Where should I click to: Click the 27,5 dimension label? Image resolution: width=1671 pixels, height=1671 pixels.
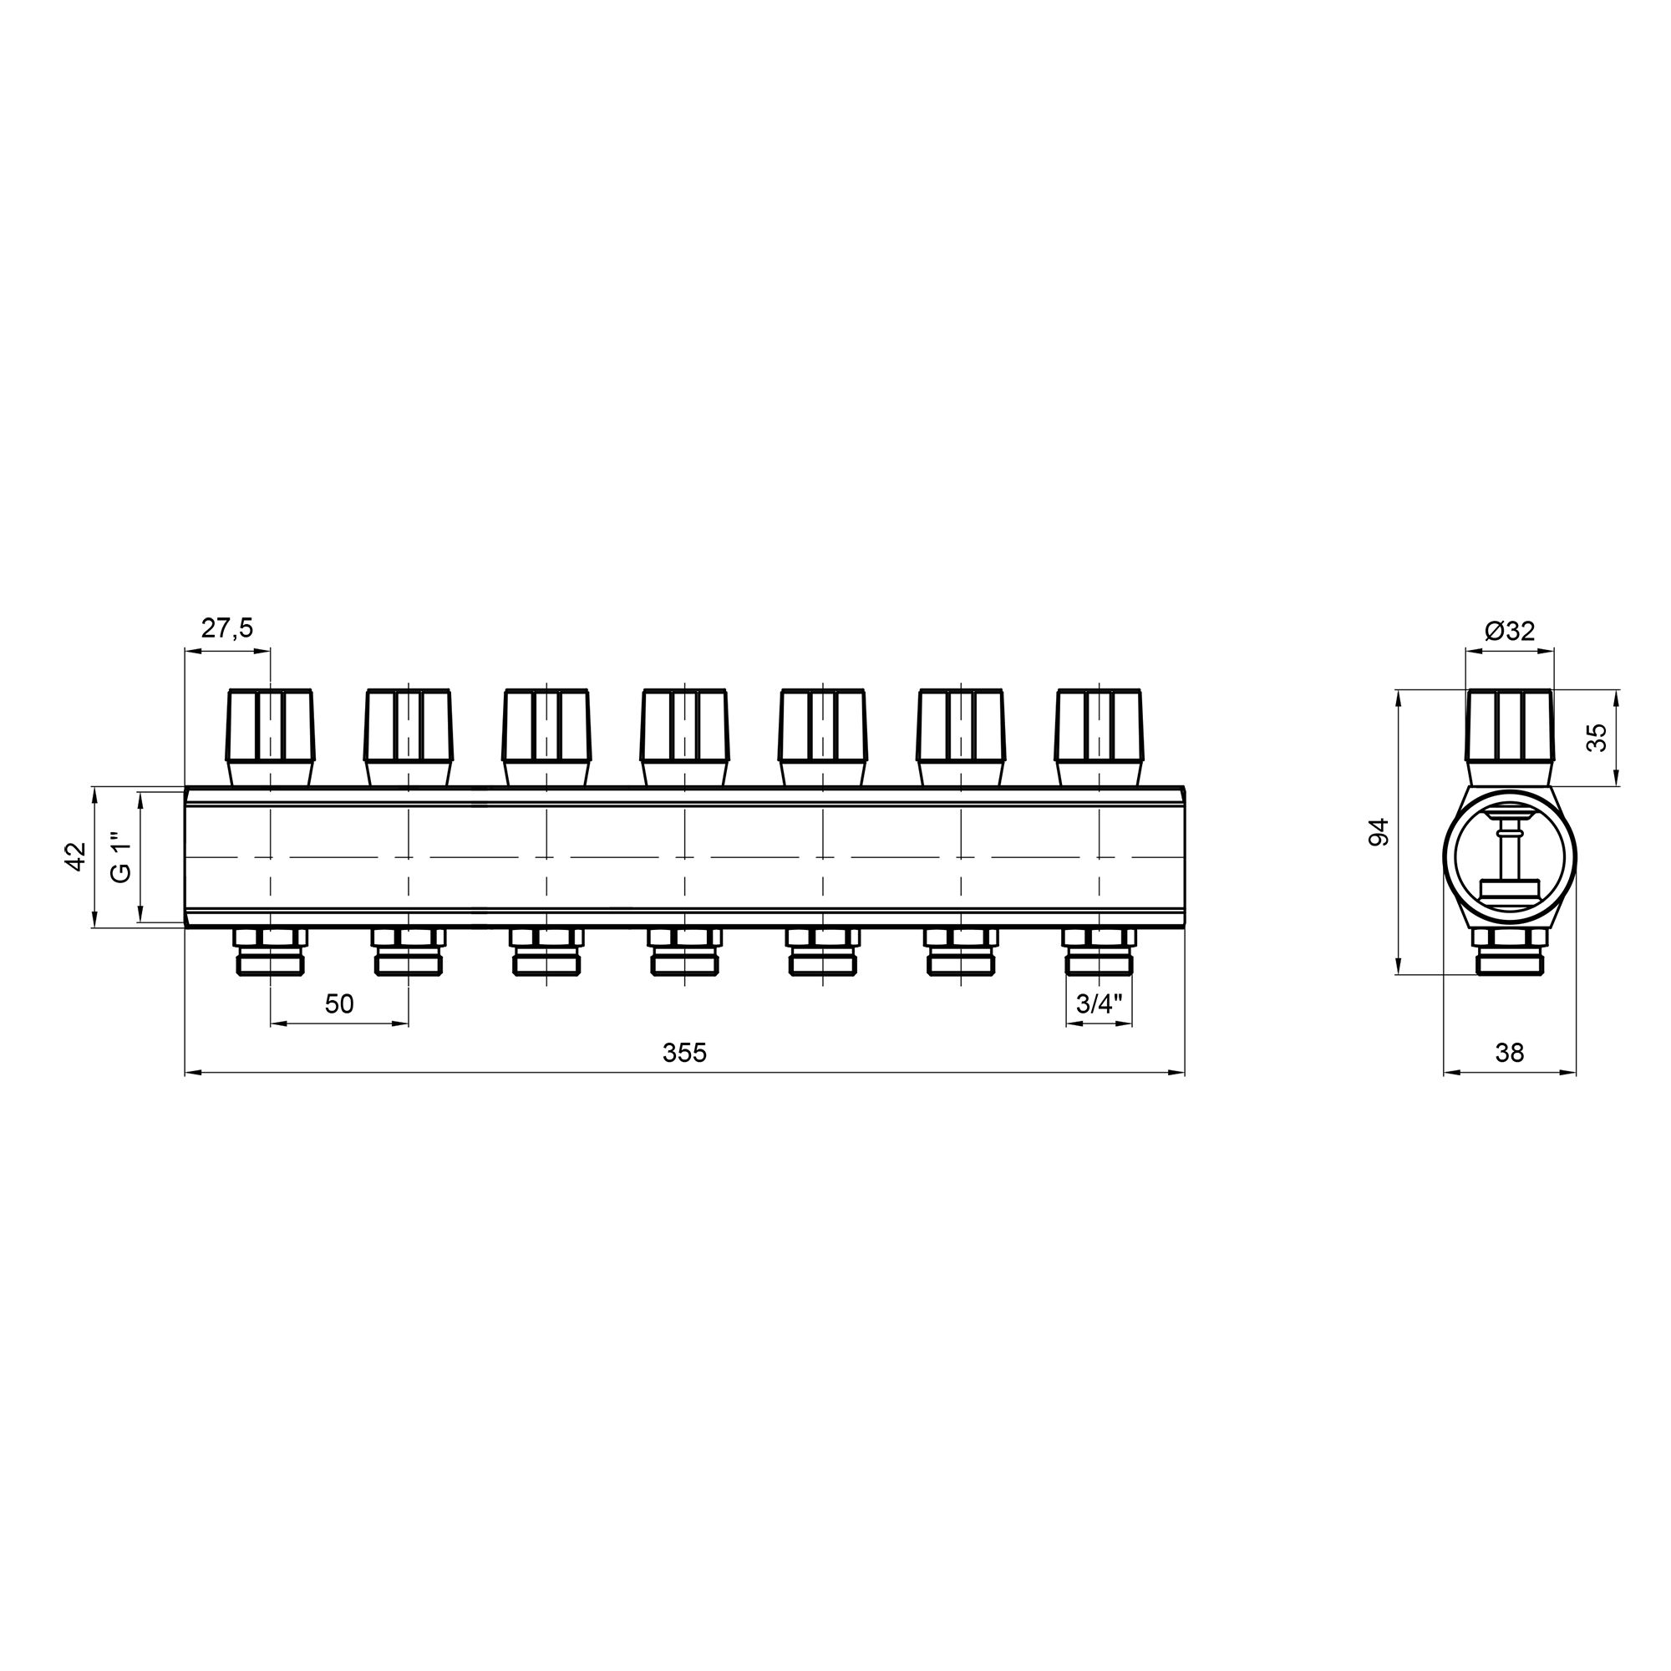pyautogui.click(x=227, y=629)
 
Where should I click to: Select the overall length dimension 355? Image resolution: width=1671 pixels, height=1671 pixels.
pyautogui.click(x=684, y=1053)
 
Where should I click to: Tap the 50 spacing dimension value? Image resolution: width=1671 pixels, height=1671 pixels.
pyautogui.click(x=339, y=1004)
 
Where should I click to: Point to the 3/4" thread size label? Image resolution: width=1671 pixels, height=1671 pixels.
pyautogui.click(x=1099, y=1004)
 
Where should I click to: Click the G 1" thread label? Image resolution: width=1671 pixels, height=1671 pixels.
pyautogui.click(x=122, y=856)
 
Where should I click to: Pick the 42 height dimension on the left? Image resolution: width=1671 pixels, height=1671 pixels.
pyautogui.click(x=76, y=856)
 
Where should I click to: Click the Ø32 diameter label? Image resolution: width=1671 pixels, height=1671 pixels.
pyautogui.click(x=1509, y=632)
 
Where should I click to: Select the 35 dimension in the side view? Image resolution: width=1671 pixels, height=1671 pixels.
pyautogui.click(x=1597, y=737)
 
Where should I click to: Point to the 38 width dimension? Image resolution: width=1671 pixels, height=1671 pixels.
pyautogui.click(x=1509, y=1053)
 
